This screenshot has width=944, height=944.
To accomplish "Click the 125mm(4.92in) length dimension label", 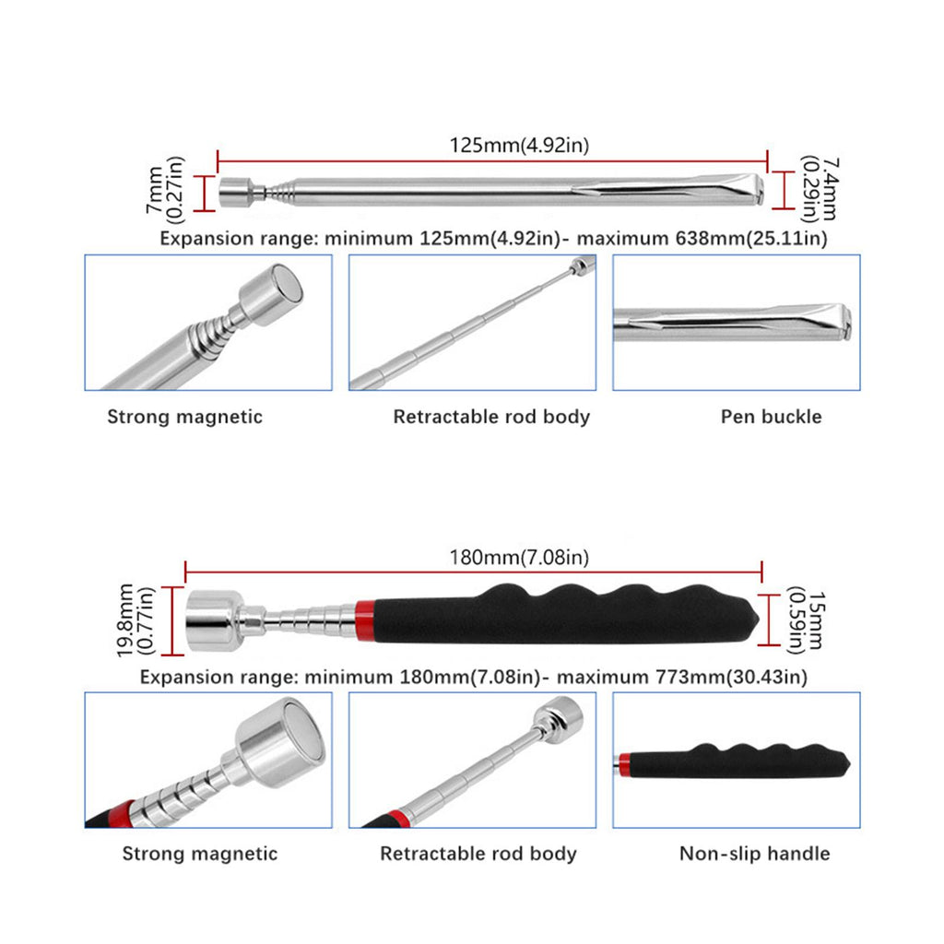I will click(519, 145).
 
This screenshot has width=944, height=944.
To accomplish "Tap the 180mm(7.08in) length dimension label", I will click(519, 557).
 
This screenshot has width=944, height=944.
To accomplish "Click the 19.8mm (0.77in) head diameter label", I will click(135, 619).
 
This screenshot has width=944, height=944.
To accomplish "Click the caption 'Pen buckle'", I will click(771, 417).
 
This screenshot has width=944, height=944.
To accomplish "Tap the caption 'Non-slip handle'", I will click(754, 854).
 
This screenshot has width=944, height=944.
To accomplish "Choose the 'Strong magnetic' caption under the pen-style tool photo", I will click(184, 417).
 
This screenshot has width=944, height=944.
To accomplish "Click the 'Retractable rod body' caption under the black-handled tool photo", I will click(478, 854).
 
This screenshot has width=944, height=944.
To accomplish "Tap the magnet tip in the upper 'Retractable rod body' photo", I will click(580, 266).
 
